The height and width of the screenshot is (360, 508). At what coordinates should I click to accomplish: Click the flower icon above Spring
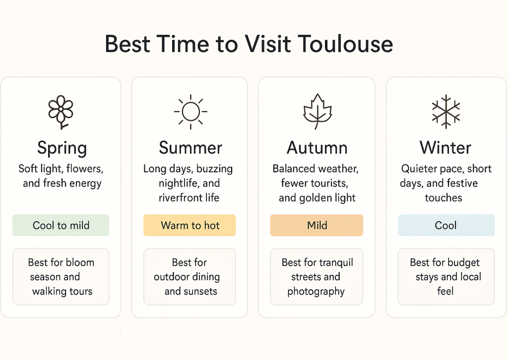[61, 111]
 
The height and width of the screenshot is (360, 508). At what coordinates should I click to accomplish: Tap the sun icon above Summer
[190, 111]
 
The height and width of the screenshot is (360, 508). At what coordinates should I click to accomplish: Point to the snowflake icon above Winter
[445, 110]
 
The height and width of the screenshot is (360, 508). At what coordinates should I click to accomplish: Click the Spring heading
[62, 148]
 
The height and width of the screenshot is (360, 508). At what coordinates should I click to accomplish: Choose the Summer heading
[190, 147]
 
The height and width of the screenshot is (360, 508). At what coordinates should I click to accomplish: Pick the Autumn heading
[317, 147]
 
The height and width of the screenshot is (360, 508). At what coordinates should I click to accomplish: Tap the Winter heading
[445, 147]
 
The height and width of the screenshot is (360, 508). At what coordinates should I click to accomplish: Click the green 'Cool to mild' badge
[61, 225]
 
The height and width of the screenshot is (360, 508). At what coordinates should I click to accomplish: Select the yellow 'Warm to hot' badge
[190, 225]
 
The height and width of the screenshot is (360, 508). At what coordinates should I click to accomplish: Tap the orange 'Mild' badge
[317, 225]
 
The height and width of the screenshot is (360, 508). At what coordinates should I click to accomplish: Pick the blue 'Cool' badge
[446, 225]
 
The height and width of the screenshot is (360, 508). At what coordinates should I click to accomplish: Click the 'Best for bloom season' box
[61, 277]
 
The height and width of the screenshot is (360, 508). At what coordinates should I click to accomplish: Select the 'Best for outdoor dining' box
[190, 277]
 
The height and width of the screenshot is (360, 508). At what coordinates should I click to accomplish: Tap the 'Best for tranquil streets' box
[317, 277]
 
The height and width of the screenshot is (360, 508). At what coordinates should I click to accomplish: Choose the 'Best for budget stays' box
[446, 277]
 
